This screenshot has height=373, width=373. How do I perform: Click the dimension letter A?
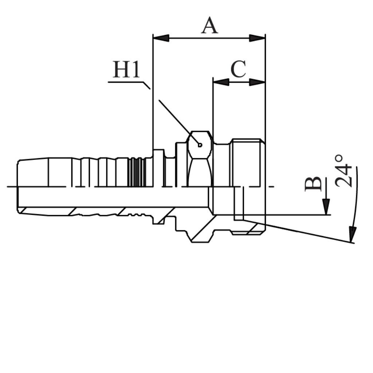[209, 25]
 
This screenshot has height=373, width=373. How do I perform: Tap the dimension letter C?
[238, 69]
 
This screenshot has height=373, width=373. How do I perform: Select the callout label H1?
[126, 70]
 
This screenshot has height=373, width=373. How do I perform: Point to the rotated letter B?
[313, 184]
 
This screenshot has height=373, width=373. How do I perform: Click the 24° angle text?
[343, 171]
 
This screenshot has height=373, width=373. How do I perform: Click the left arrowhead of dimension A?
[161, 38]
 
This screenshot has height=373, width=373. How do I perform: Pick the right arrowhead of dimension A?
[257, 38]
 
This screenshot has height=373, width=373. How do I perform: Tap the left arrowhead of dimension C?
[221, 82]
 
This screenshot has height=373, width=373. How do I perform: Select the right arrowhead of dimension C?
[257, 82]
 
